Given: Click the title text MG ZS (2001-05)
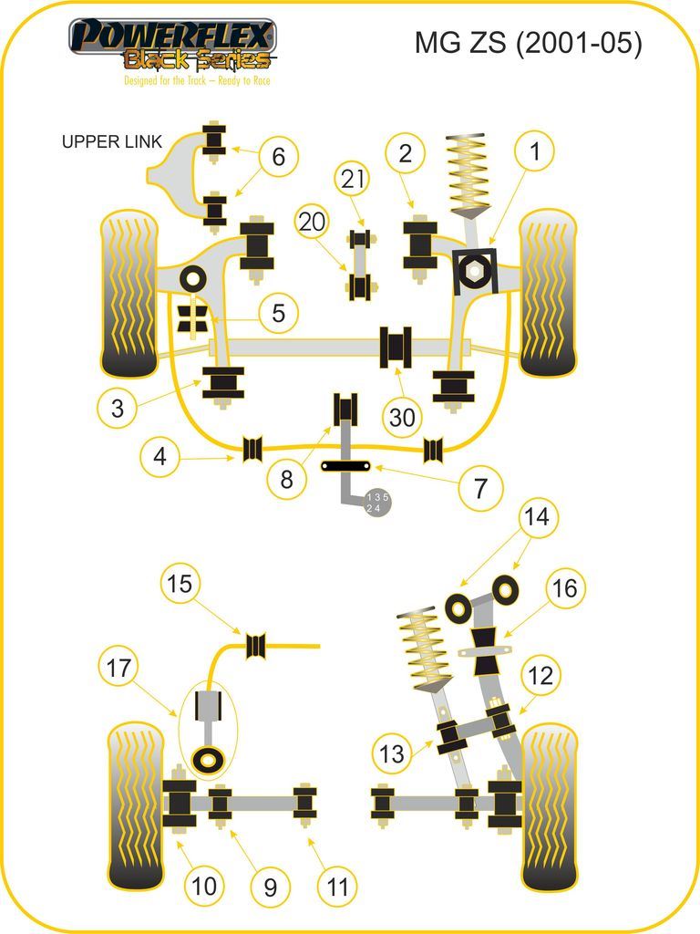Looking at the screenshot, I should tap(528, 43).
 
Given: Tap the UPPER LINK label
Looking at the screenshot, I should tap(112, 141).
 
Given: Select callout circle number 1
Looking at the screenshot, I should tap(535, 152).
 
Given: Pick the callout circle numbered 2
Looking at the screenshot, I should tap(406, 153).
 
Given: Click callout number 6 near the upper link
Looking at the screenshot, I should tap(278, 157).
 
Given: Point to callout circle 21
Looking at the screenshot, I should tap(352, 180).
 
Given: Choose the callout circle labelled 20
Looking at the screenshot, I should tap(312, 222).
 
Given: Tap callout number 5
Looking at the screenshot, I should tap(278, 314).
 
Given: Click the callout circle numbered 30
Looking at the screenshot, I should tap(402, 418).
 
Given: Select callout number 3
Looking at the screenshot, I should tap(118, 408).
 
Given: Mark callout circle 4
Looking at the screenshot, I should tap(160, 456).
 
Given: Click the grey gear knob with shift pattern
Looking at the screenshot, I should tap(376, 503).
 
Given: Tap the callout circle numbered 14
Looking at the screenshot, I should tap(537, 517).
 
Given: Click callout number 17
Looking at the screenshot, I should tap(118, 669).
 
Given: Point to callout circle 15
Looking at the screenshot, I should tap(180, 583).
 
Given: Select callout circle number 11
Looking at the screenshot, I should tap(337, 886).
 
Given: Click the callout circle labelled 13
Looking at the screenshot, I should tap(392, 753).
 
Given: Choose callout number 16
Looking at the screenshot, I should tap(565, 588).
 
